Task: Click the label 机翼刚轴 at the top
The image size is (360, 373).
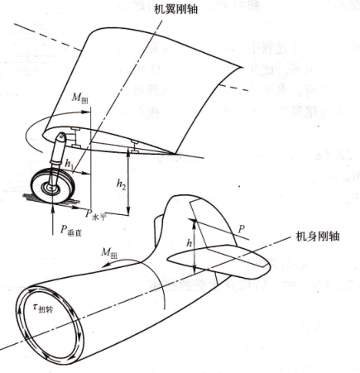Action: [176, 10]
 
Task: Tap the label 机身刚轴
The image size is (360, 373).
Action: [318, 237]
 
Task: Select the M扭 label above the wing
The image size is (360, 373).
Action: [80, 98]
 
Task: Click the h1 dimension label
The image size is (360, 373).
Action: [69, 164]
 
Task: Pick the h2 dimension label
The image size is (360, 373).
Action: [121, 184]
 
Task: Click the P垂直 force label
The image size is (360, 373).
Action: [71, 230]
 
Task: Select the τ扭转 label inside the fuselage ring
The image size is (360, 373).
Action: [43, 308]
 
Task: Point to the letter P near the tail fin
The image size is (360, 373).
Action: [242, 228]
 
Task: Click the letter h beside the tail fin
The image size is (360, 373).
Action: [190, 243]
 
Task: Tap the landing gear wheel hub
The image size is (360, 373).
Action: [52, 188]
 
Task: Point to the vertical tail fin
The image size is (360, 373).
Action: [199, 221]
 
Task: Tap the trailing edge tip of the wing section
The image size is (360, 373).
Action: [174, 152]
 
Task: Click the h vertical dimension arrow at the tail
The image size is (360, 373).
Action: [194, 246]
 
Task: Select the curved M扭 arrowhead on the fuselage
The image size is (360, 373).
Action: [103, 266]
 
